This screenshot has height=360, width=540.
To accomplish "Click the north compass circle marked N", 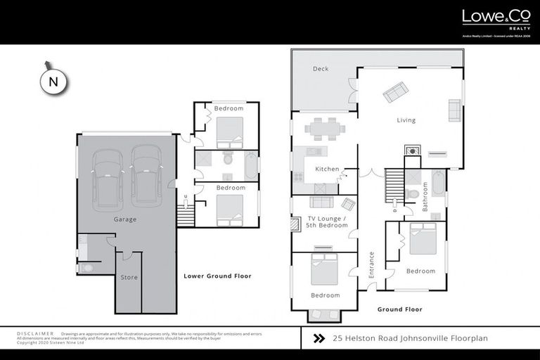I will click(53, 82).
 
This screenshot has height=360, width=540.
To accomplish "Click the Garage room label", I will click(125, 219).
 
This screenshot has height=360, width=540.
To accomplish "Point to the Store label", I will click(129, 277).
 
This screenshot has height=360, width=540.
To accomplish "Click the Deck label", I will click(321, 69).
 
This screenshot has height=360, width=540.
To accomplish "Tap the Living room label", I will click(406, 120).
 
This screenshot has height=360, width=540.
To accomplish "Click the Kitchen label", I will click(327, 169).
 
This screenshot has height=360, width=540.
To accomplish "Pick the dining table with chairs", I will click(324, 128).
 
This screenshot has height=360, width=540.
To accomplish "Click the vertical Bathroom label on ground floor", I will click(425, 196).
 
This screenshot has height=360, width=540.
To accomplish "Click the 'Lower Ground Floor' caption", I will click(217, 276).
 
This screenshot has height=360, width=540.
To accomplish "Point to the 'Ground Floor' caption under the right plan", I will click(399, 309).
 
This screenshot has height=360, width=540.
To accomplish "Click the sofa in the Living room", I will click(394, 91).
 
